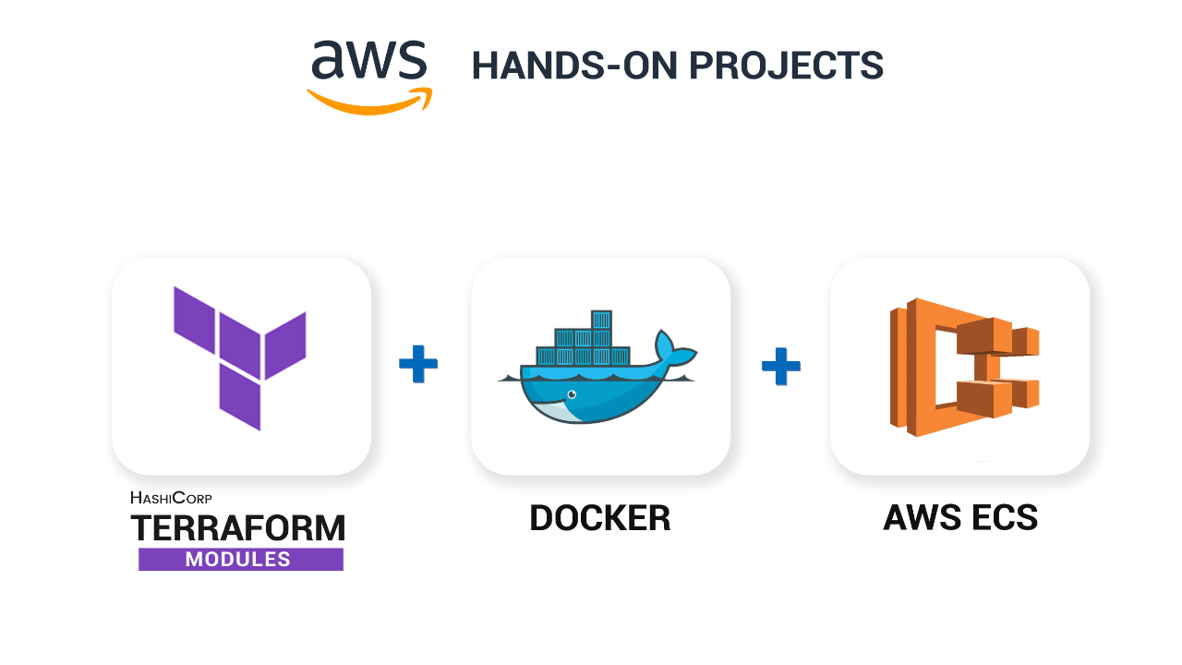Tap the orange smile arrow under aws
[x=369, y=101]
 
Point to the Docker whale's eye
[x=571, y=394]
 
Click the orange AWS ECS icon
[x=963, y=367]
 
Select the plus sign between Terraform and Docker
[x=418, y=364]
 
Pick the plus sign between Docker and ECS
[x=781, y=366]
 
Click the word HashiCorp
[x=172, y=497]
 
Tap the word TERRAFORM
[x=238, y=528]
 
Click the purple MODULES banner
[x=240, y=560]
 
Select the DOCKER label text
[x=600, y=518]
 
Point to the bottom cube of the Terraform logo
[x=240, y=397]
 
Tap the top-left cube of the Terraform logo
[x=194, y=319]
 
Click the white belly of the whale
[x=559, y=409]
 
